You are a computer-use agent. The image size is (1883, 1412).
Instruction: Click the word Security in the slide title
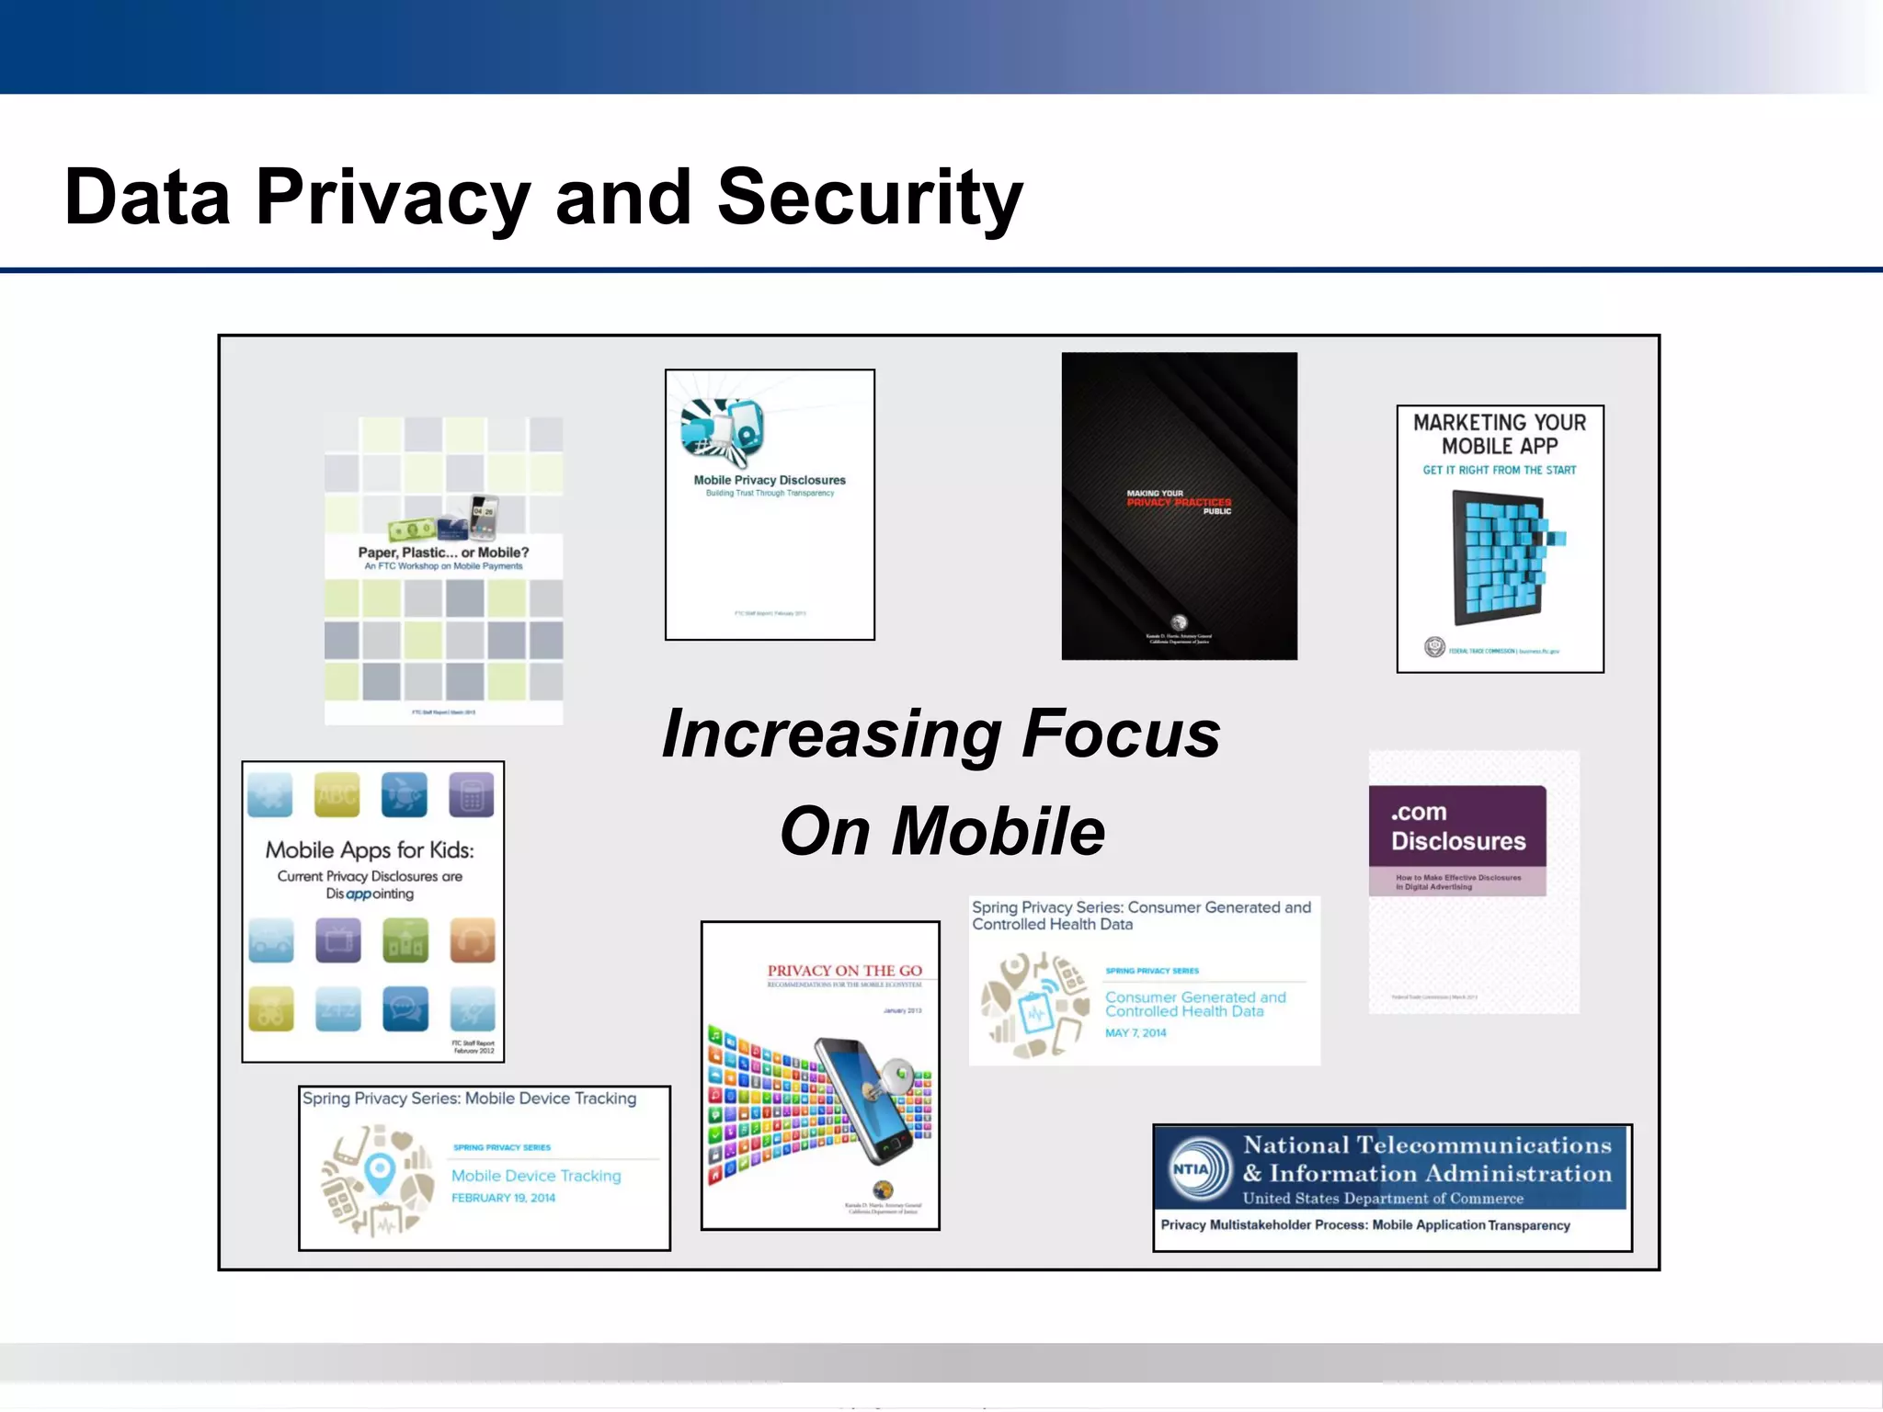coord(869,198)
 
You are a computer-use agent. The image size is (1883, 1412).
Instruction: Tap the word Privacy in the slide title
coord(393,198)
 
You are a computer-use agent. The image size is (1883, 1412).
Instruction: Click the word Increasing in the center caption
coord(831,734)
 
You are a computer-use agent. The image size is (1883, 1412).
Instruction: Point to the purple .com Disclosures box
coord(1457,839)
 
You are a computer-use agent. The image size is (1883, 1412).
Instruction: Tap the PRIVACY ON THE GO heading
coord(844,971)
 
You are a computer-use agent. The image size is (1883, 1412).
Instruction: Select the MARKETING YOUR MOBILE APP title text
coord(1500,434)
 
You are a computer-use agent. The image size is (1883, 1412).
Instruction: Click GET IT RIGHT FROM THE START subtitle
coord(1500,470)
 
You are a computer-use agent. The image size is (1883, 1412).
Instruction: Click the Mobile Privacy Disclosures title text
coord(770,480)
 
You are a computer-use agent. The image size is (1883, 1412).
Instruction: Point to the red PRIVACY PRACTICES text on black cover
coord(1180,502)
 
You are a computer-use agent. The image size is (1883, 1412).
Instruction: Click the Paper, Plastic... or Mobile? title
coord(443,552)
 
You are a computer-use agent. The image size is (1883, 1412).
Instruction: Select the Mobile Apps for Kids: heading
coord(370,850)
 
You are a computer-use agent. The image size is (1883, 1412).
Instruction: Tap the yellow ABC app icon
coord(337,795)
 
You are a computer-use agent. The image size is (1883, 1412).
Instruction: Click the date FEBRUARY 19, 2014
coord(503,1198)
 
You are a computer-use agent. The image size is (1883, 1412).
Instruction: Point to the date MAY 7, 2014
coord(1136,1033)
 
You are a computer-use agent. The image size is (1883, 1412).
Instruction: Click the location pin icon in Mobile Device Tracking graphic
coord(380,1173)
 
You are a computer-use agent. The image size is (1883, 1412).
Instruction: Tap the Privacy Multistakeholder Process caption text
coord(1365,1225)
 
